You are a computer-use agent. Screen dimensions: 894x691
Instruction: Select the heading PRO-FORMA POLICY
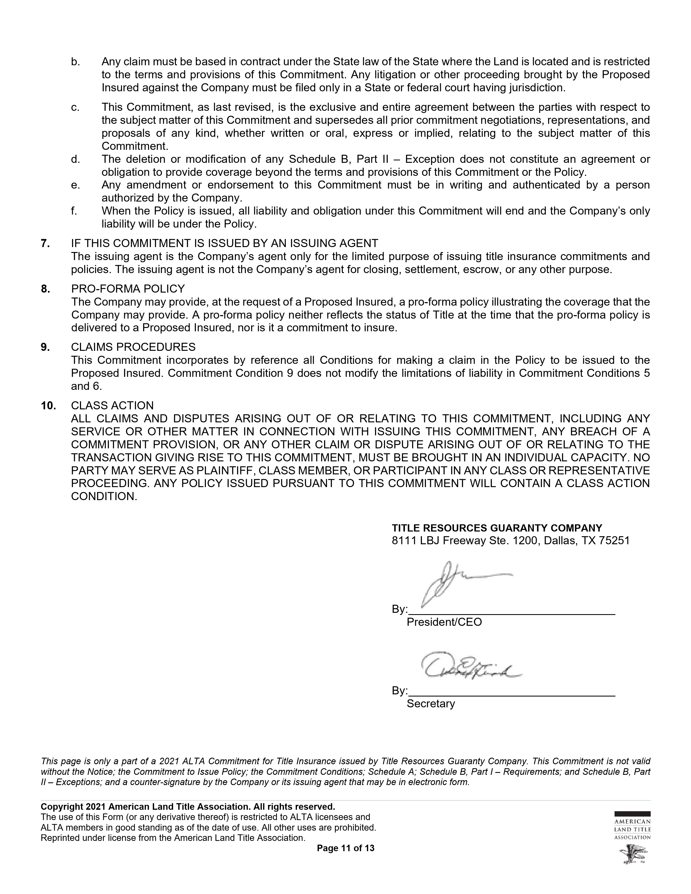click(128, 289)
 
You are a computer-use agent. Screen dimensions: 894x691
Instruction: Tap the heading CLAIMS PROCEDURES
click(133, 347)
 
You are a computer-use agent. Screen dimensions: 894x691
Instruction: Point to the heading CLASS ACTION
click(112, 406)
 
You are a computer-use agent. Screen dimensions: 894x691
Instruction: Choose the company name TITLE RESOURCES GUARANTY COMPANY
click(496, 528)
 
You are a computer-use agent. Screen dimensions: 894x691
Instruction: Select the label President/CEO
click(444, 622)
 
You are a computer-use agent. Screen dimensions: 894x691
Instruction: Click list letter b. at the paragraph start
click(75, 62)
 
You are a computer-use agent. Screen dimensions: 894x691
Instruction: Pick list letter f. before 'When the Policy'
click(74, 211)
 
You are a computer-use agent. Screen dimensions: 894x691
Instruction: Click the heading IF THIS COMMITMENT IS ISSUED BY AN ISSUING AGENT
click(224, 244)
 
